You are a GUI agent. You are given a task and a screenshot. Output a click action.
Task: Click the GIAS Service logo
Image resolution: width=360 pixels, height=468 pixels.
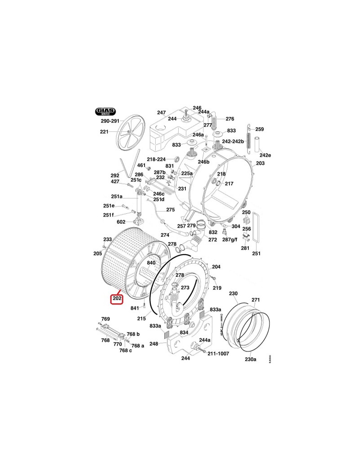click(105, 112)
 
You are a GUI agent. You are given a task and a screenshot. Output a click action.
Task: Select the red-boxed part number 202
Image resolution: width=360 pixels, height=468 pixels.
click(117, 298)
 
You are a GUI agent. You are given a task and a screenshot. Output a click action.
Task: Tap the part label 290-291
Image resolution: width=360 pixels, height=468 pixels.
click(110, 121)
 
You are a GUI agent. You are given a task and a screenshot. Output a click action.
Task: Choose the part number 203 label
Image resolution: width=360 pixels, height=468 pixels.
click(260, 163)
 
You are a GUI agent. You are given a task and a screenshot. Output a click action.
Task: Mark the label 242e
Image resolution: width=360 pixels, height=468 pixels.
click(265, 155)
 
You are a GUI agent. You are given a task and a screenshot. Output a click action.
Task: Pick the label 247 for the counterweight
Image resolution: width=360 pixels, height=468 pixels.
click(162, 112)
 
